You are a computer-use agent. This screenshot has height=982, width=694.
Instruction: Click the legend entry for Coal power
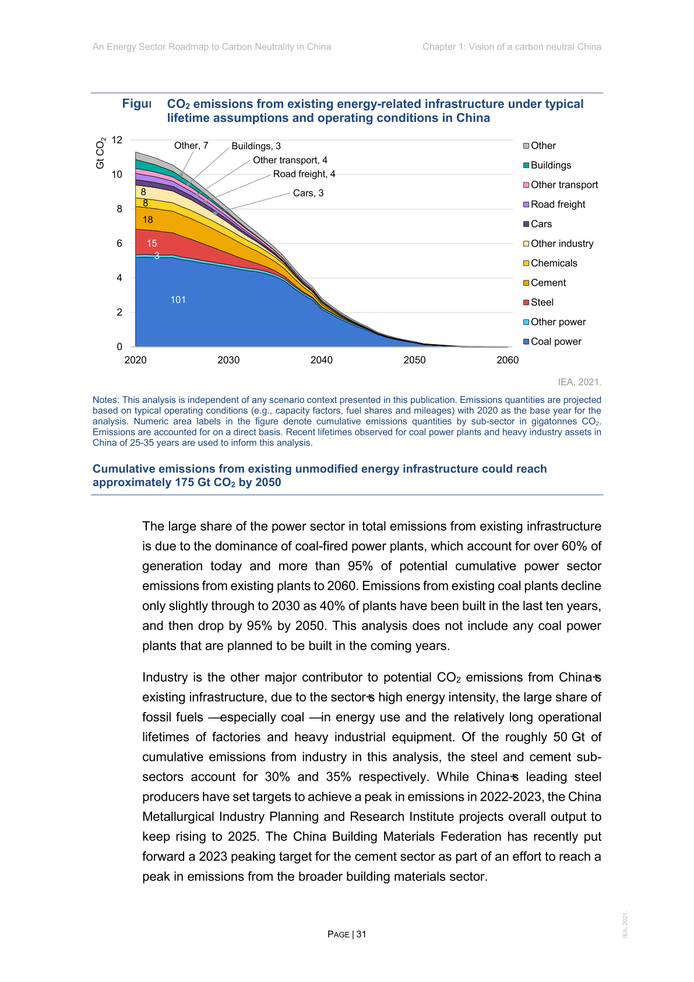pyautogui.click(x=555, y=342)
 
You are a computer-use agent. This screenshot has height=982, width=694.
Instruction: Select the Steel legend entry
pyautogui.click(x=542, y=303)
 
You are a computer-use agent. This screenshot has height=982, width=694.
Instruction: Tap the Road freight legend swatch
pyautogui.click(x=526, y=205)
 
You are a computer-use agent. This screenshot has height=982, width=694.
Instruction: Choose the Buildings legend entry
pyautogui.click(x=551, y=166)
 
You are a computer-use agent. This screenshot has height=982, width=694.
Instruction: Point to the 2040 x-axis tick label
pyautogui.click(x=322, y=360)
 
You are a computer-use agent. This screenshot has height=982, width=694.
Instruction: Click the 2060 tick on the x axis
pyautogui.click(x=508, y=360)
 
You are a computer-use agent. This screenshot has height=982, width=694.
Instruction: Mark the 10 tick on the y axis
pyautogui.click(x=117, y=174)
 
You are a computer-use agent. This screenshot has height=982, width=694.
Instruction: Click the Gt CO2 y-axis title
pyautogui.click(x=100, y=153)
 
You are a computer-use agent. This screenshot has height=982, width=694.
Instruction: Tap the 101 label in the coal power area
pyautogui.click(x=178, y=300)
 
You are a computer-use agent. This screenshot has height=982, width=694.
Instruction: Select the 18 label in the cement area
pyautogui.click(x=148, y=220)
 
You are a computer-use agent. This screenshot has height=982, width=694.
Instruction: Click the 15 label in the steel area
pyautogui.click(x=152, y=244)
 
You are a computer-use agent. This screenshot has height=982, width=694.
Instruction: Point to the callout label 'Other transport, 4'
pyautogui.click(x=290, y=160)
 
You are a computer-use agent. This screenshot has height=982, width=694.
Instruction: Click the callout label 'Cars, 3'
pyautogui.click(x=308, y=193)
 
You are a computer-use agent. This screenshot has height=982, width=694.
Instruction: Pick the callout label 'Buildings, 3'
pyautogui.click(x=256, y=146)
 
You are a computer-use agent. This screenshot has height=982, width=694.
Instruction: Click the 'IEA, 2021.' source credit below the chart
pyautogui.click(x=579, y=383)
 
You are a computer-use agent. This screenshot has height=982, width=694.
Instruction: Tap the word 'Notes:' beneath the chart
pyautogui.click(x=106, y=400)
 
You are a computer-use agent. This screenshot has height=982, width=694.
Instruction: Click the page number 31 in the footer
pyautogui.click(x=362, y=934)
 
